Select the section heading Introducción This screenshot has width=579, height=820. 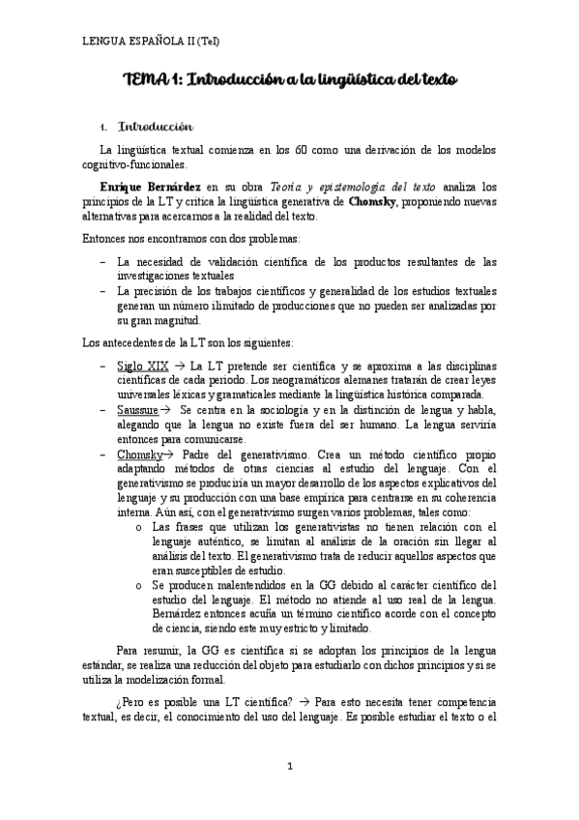[156, 127]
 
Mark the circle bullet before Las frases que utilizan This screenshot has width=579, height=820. [140, 526]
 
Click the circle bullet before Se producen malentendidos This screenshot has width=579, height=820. [140, 583]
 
